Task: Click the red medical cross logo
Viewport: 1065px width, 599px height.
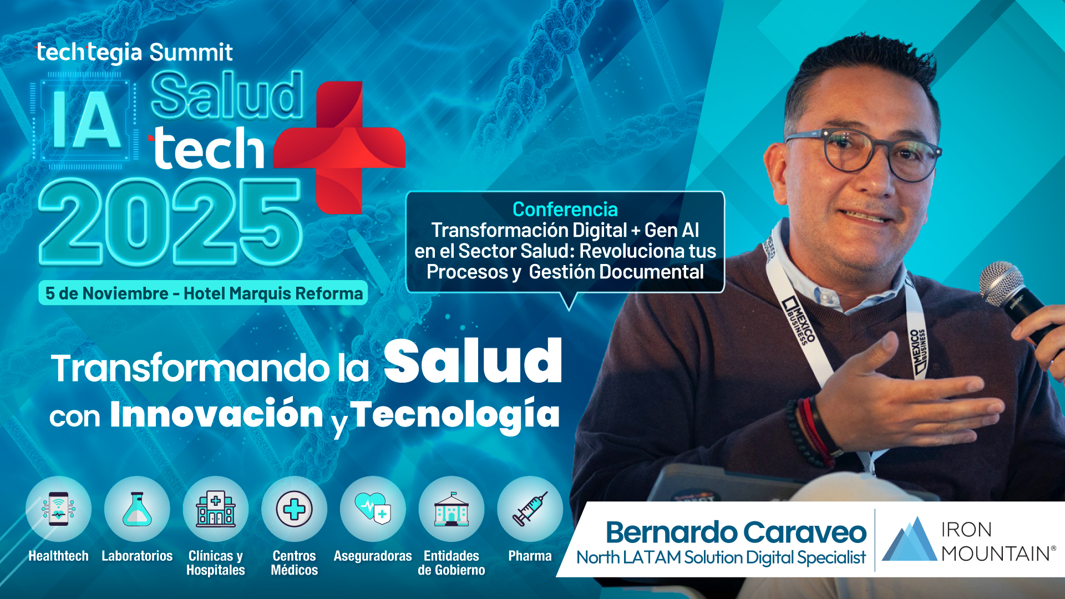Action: click(x=339, y=147)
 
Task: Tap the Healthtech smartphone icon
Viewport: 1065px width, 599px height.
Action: click(x=58, y=509)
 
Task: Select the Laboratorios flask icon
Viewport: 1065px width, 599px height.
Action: click(x=137, y=509)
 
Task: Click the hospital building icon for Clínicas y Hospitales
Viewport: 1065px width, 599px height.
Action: click(x=216, y=509)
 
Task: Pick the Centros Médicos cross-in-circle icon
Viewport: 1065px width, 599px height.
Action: click(x=295, y=509)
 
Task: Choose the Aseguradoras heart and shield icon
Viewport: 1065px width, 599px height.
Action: click(x=373, y=507)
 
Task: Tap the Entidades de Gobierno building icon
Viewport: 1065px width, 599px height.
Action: click(x=452, y=509)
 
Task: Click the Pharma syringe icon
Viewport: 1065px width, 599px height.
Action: click(x=530, y=509)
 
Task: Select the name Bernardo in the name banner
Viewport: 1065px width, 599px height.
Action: click(x=672, y=532)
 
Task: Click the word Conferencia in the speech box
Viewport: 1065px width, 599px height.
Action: click(x=565, y=209)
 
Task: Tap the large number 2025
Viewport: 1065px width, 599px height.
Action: click(x=170, y=223)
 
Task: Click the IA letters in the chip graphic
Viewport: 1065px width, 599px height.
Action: click(x=87, y=119)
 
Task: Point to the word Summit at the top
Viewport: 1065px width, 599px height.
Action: click(x=191, y=53)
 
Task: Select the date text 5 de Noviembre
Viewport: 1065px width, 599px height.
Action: click(x=106, y=293)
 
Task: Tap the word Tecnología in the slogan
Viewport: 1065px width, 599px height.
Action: click(x=455, y=415)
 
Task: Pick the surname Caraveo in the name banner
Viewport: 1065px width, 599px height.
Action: click(x=805, y=532)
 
